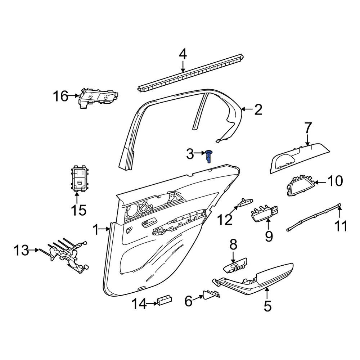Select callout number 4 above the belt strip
(x=183, y=55)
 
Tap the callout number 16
(x=60, y=96)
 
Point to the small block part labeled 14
(x=165, y=301)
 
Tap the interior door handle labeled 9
(x=264, y=213)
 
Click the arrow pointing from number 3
(x=200, y=153)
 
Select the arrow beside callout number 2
(x=247, y=109)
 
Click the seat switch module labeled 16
(x=98, y=97)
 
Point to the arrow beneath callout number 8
(x=233, y=257)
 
